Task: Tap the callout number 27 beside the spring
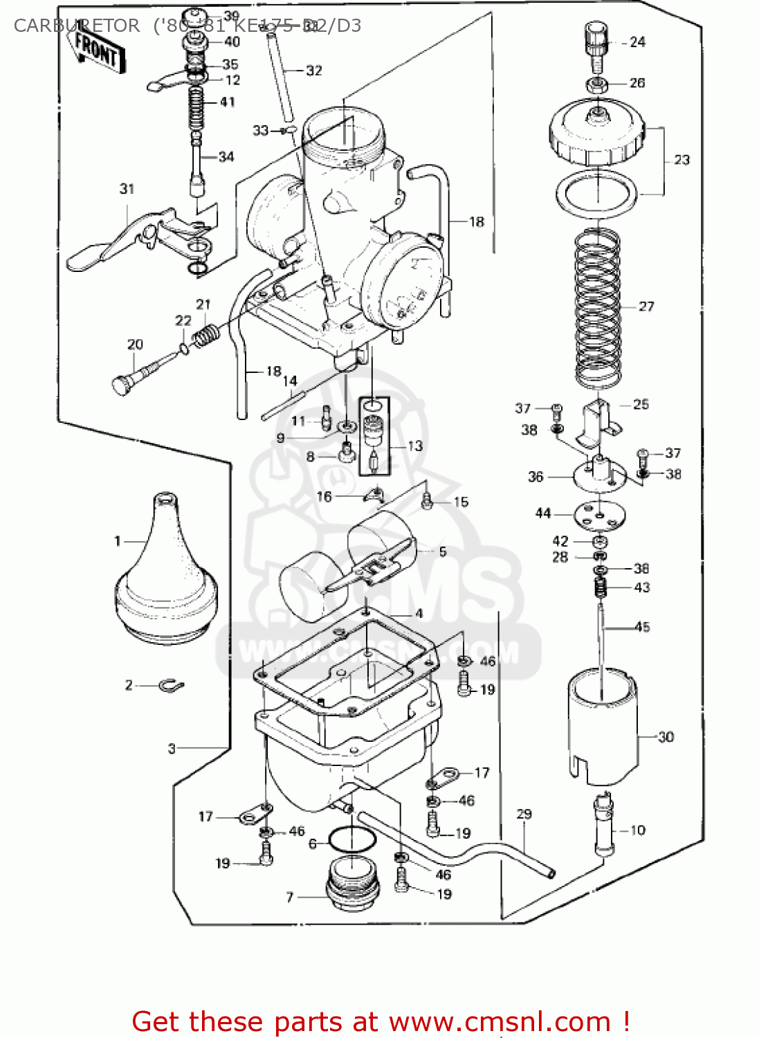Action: pos(646,307)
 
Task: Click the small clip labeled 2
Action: pos(170,686)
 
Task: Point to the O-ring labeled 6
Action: pos(351,840)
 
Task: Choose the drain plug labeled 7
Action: pos(352,883)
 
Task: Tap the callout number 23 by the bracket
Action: pos(682,160)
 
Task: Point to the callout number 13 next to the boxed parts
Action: pos(414,446)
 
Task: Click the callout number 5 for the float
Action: pos(442,552)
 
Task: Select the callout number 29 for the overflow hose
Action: pos(524,814)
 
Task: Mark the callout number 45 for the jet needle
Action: pos(642,627)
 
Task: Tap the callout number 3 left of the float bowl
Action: pos(172,748)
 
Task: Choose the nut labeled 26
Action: pos(597,85)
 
